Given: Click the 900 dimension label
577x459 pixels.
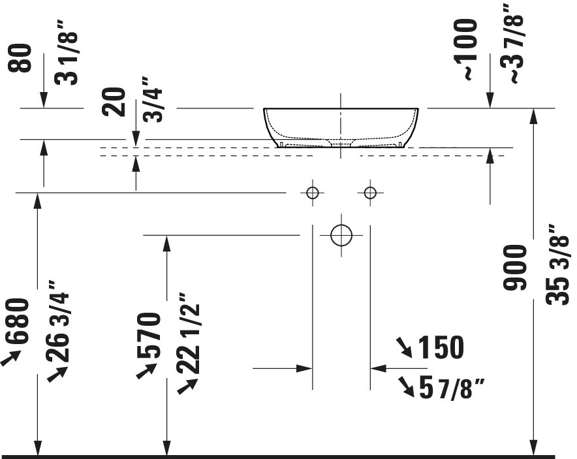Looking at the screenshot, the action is [515, 268].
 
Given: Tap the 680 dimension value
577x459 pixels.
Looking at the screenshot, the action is [17, 321].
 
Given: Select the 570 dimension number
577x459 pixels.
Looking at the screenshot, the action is [149, 335].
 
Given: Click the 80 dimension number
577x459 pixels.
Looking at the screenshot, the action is [20, 57].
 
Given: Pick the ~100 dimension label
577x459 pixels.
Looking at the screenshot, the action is [465, 50].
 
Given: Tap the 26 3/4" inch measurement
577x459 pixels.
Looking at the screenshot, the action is [57, 321].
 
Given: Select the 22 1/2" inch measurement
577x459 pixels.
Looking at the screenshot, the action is [189, 333].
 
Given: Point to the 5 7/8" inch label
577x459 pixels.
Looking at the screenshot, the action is [452, 388].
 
